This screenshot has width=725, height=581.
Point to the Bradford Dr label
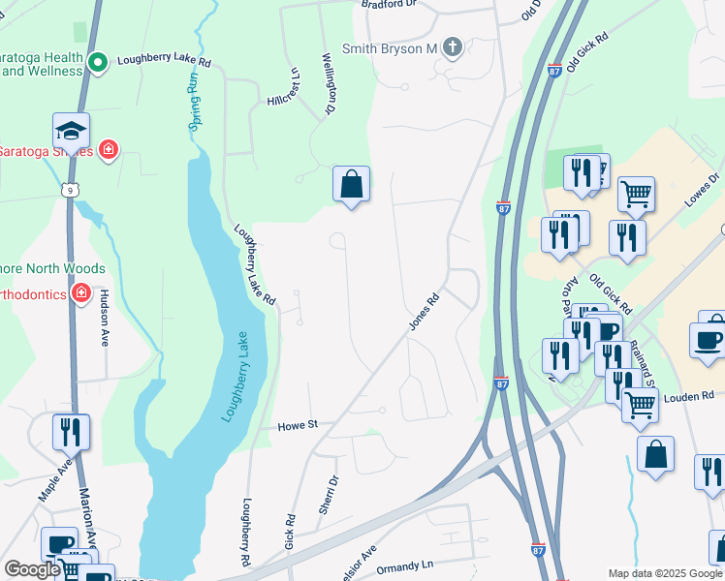389,4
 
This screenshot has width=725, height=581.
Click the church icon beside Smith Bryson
453,47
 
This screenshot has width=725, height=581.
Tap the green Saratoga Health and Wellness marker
98,63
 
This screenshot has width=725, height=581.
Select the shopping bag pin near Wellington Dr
351,184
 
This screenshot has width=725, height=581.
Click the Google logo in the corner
32,569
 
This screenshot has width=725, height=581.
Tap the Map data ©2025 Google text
664,573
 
